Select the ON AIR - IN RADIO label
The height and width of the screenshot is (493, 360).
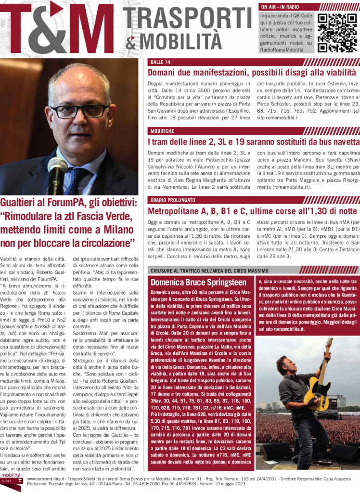(280, 7)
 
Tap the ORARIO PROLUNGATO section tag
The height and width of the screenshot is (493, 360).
(172, 200)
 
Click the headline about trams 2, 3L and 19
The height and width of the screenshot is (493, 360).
(253, 143)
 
